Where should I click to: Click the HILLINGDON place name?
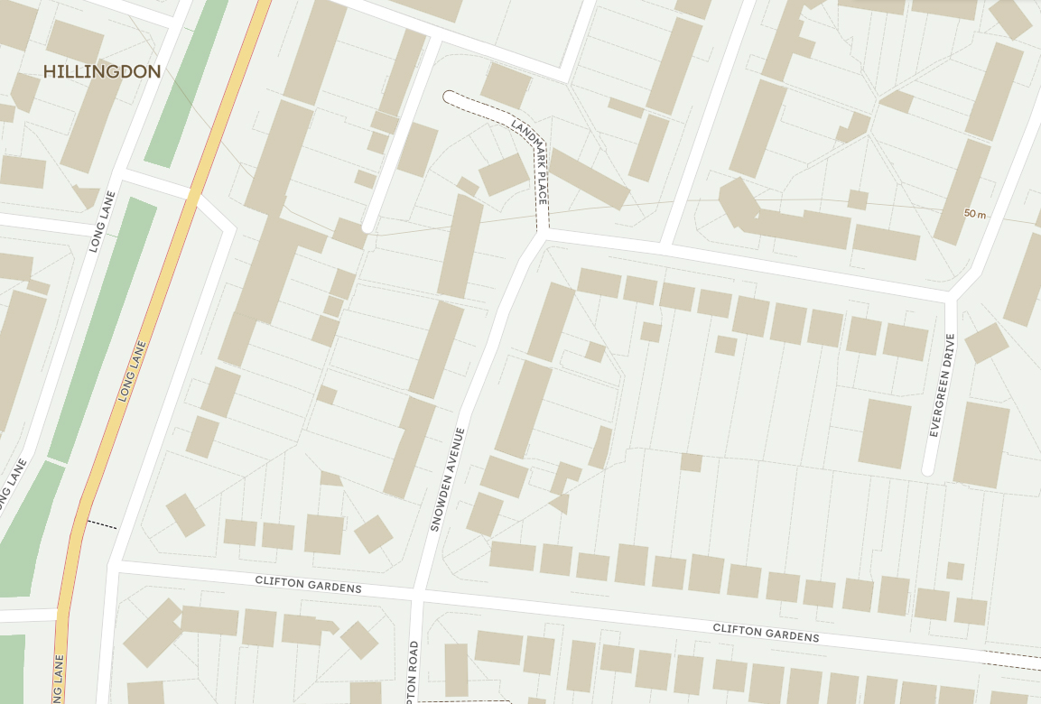pos(102,72)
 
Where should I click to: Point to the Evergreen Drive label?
pos(941,385)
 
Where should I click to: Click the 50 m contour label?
pos(974,214)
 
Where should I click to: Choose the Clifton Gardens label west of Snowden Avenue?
pos(308,584)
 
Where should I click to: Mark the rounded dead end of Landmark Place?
pos(449,96)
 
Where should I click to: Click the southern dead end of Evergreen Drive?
pos(927,469)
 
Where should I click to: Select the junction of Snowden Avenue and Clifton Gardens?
pos(417,596)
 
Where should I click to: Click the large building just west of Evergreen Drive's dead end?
pos(885,433)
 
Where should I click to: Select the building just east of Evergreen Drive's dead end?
pos(981,444)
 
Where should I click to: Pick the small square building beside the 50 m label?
pos(858,199)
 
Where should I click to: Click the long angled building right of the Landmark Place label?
pos(590,179)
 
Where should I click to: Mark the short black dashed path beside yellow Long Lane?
pos(101,523)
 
